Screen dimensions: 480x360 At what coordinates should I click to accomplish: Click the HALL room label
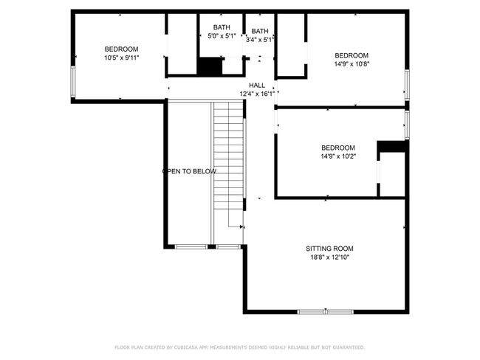click(257, 85)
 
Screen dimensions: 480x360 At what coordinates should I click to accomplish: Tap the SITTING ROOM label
click(329, 249)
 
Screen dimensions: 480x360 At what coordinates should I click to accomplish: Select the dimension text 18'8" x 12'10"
click(330, 257)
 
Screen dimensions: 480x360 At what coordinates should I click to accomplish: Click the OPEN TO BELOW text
click(189, 171)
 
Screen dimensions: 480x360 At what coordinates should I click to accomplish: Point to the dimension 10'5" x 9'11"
click(122, 58)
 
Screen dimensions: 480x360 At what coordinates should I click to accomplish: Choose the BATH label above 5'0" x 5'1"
click(222, 27)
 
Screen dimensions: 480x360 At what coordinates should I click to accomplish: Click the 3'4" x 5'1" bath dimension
click(260, 39)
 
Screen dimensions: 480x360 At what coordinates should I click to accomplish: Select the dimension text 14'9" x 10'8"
click(352, 64)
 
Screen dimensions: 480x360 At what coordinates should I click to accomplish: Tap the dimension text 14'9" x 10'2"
click(338, 156)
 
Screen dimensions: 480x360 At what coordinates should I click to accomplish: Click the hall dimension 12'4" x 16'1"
click(257, 94)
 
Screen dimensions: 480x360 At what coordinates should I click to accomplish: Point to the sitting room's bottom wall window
click(326, 311)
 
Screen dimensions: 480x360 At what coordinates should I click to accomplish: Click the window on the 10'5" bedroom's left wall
click(73, 82)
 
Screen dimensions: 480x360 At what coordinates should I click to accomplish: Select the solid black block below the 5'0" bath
click(210, 66)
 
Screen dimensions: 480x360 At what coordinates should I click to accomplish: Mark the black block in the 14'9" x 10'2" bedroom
click(391, 147)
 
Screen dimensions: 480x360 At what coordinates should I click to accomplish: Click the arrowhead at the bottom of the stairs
click(241, 227)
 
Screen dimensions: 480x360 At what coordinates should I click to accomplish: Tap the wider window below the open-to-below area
click(191, 246)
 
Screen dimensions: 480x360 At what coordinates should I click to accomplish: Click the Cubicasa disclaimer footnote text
click(240, 347)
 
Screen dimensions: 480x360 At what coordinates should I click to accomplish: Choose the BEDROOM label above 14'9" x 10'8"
click(352, 55)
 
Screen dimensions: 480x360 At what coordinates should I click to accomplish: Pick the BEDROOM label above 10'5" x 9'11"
click(122, 49)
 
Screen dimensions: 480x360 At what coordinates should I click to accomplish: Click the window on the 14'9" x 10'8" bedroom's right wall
click(407, 85)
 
